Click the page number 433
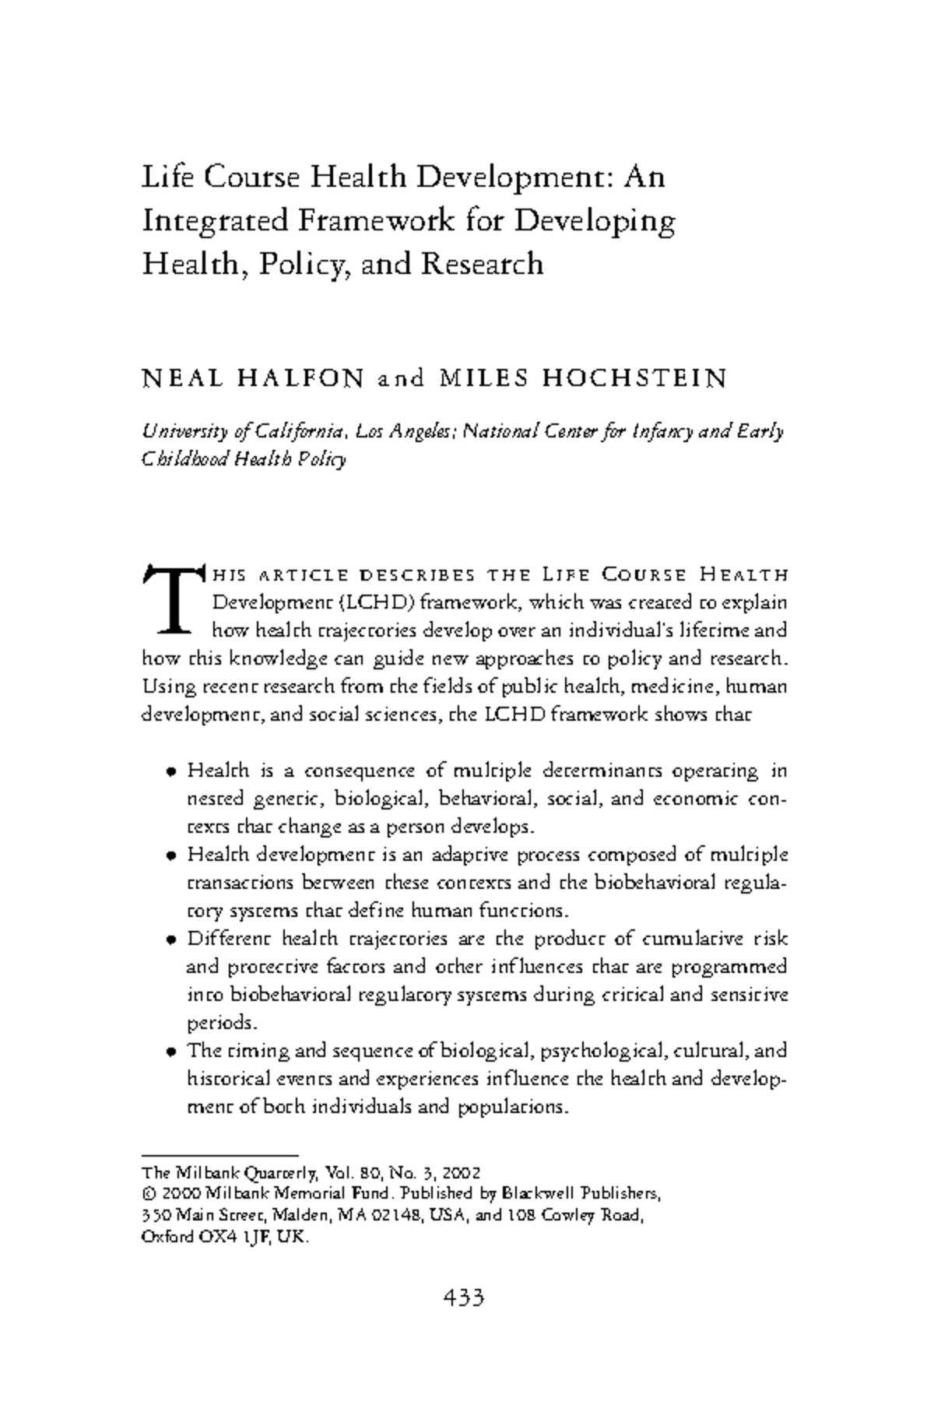(465, 1297)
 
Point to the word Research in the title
(482, 264)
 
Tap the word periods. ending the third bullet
(216, 1023)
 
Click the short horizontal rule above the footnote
(220, 1156)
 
